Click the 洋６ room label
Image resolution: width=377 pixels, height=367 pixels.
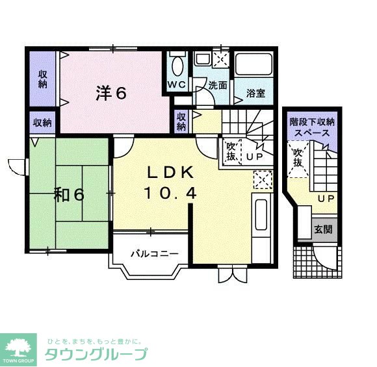[111, 93]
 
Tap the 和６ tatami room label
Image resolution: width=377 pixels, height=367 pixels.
[70, 195]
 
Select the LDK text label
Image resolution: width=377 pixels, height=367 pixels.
[169, 173]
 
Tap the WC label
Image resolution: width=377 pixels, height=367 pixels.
[177, 85]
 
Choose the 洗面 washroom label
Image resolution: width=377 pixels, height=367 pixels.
[218, 85]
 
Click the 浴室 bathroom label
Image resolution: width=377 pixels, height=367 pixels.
[255, 93]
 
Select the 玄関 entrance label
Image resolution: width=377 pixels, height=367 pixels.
[323, 229]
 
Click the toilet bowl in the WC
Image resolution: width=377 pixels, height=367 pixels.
[177, 66]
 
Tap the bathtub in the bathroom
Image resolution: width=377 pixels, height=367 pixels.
[255, 66]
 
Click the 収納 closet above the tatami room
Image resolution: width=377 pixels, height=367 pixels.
[43, 123]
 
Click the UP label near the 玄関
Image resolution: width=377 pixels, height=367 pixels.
[326, 199]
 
